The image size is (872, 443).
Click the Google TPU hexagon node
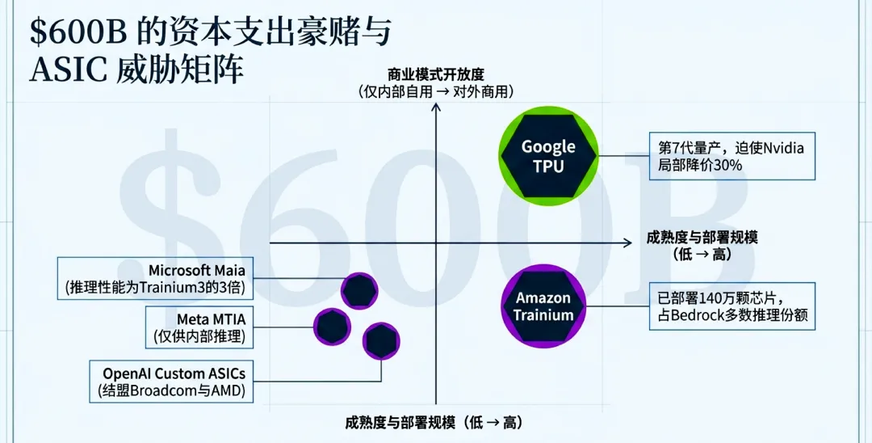pyautogui.click(x=548, y=156)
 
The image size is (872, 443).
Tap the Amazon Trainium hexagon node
pyautogui.click(x=543, y=306)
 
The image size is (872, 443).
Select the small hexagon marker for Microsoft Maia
pyautogui.click(x=358, y=290)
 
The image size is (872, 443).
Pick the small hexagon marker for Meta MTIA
pyautogui.click(x=332, y=326)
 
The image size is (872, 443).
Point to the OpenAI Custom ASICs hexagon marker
pyautogui.click(x=381, y=341)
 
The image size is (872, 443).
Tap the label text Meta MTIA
pyautogui.click(x=205, y=319)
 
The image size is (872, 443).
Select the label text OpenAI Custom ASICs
pyautogui.click(x=174, y=373)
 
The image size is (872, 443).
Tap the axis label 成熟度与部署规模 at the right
pyautogui.click(x=702, y=238)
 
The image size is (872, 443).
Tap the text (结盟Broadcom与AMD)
pyautogui.click(x=174, y=391)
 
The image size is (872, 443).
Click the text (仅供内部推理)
pyautogui.click(x=199, y=336)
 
